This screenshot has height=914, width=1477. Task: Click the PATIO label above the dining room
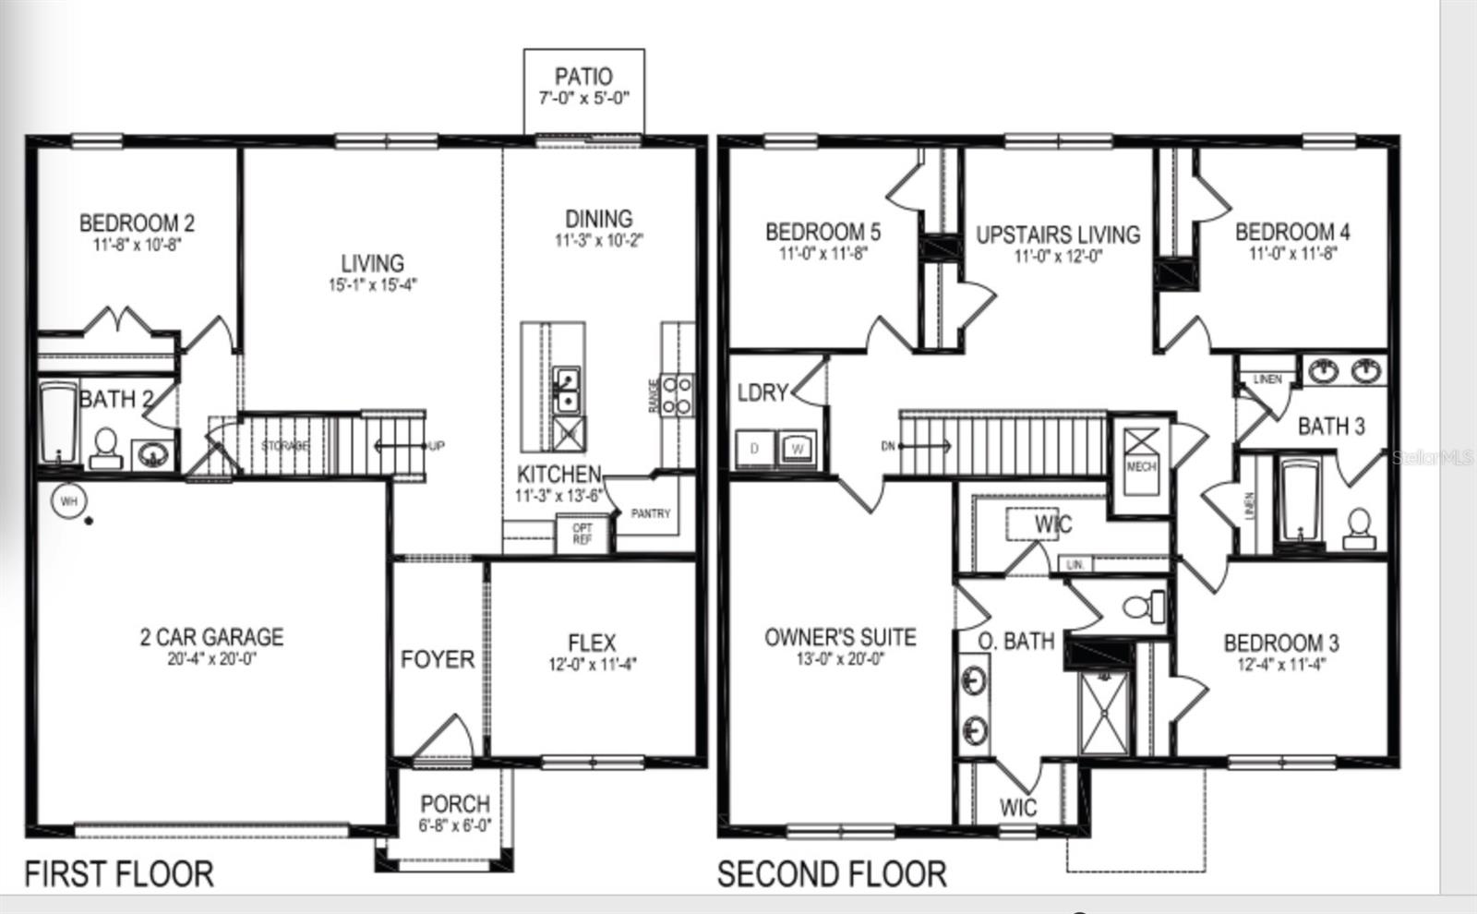pos(583,77)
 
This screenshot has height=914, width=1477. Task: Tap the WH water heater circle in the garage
pos(68,501)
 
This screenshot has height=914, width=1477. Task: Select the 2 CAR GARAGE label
pos(211,637)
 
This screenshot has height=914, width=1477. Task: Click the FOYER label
pos(438,659)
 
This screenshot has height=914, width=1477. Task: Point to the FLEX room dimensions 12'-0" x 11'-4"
pos(592,664)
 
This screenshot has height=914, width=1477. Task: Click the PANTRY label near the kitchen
pos(650,513)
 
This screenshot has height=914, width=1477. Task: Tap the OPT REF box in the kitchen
pos(582,534)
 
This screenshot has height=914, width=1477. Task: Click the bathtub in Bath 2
pos(58,425)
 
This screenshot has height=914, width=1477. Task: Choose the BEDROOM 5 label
pos(823,232)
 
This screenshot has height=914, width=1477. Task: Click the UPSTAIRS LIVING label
pos(1058,235)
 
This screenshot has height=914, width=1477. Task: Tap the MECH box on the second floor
pos(1141,456)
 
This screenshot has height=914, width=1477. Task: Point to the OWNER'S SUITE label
pos(840,637)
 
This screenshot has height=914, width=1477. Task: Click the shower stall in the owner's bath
pos(1104,711)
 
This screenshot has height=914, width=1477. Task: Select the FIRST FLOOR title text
pos(118,873)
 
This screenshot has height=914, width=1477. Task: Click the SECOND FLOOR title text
pos(832,873)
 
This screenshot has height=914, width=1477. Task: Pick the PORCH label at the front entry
pos(454,804)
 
